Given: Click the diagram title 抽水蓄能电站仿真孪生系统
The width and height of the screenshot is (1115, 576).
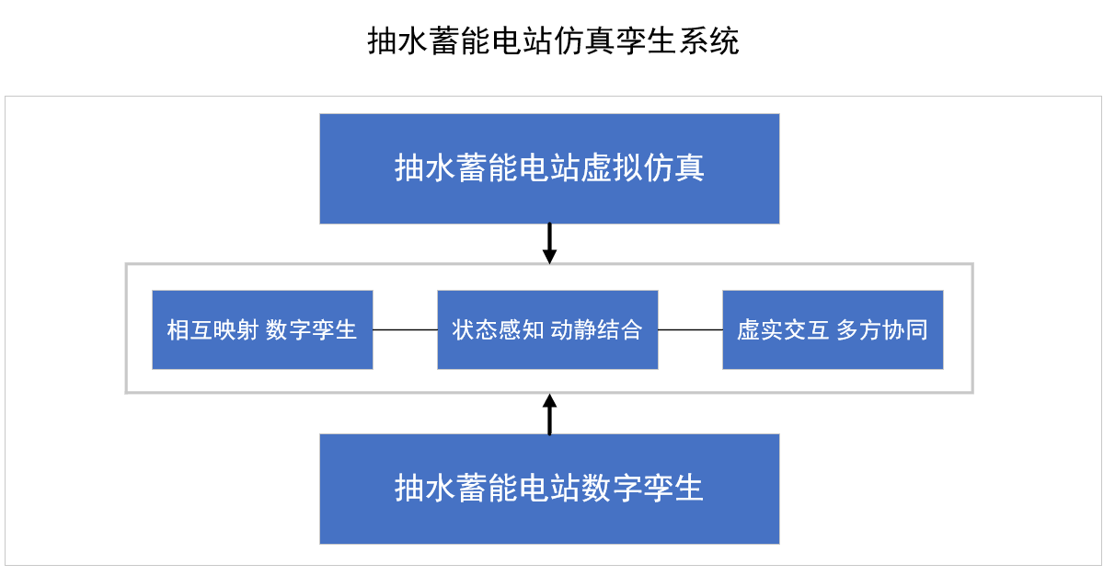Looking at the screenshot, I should pyautogui.click(x=553, y=41).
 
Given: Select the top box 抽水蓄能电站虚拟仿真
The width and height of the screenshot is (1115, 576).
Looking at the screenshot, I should pyautogui.click(x=549, y=168).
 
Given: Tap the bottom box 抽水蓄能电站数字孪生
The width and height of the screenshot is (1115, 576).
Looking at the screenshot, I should pyautogui.click(x=549, y=489).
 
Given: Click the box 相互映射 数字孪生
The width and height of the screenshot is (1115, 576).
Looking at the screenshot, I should pyautogui.click(x=262, y=330).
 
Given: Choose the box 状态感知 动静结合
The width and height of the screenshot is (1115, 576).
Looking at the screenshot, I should pyautogui.click(x=547, y=330).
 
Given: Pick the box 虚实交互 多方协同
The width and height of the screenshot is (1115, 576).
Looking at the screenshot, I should pyautogui.click(x=833, y=330).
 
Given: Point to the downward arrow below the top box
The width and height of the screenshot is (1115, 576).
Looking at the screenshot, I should pyautogui.click(x=549, y=244).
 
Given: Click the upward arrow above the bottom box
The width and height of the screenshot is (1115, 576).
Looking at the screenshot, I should pyautogui.click(x=549, y=414).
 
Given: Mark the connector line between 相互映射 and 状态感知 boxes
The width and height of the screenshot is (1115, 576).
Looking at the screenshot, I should pyautogui.click(x=405, y=329).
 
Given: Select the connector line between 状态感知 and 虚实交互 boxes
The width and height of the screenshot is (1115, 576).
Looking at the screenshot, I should pyautogui.click(x=690, y=329).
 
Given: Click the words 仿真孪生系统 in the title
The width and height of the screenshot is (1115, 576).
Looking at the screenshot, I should pyautogui.click(x=647, y=41).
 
